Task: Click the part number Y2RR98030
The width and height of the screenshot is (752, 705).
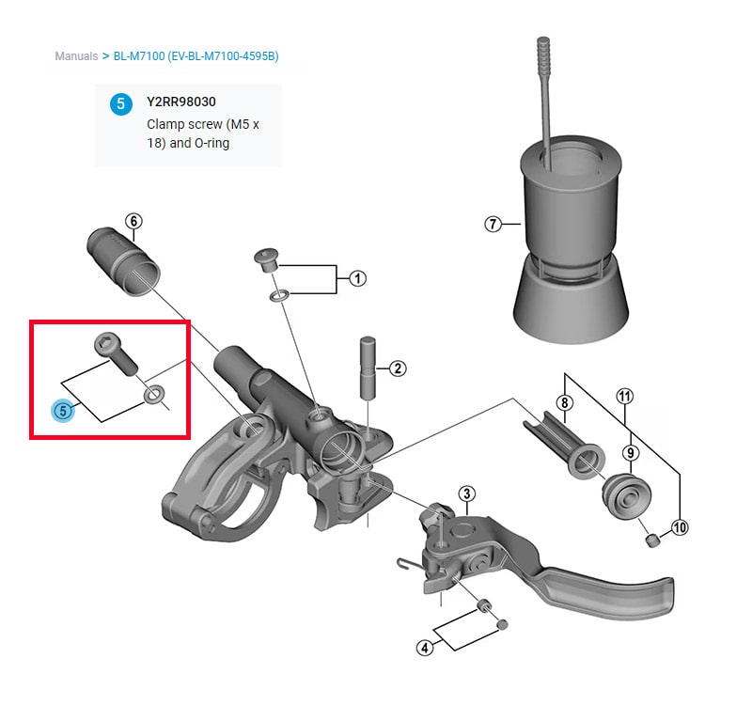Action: tap(181, 102)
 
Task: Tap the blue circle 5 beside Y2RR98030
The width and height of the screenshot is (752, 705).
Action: tap(121, 104)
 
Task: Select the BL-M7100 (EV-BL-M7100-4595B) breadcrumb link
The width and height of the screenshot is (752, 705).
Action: tap(196, 56)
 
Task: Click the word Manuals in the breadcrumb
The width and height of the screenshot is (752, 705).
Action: tap(76, 56)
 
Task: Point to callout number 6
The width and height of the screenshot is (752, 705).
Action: tap(133, 221)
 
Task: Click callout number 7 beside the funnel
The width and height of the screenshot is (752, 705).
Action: tap(493, 224)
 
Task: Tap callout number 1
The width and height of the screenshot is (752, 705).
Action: tap(357, 278)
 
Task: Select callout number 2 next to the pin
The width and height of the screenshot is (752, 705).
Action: tap(398, 368)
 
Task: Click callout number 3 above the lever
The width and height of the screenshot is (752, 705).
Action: tap(466, 493)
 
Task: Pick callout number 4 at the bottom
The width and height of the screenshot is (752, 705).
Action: tap(425, 648)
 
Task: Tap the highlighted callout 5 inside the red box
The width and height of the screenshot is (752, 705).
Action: tap(63, 411)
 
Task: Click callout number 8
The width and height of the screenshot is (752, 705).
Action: tap(565, 402)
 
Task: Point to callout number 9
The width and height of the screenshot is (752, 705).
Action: tap(630, 453)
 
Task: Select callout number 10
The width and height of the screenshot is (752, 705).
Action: tap(680, 527)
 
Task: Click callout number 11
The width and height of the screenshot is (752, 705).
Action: tap(624, 397)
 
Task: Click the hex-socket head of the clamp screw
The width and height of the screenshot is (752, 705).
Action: tap(105, 344)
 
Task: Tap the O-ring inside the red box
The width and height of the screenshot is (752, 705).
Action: tap(154, 395)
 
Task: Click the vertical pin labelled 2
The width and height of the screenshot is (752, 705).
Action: tap(368, 367)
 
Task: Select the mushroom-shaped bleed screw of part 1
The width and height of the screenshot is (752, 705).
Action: tap(266, 259)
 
